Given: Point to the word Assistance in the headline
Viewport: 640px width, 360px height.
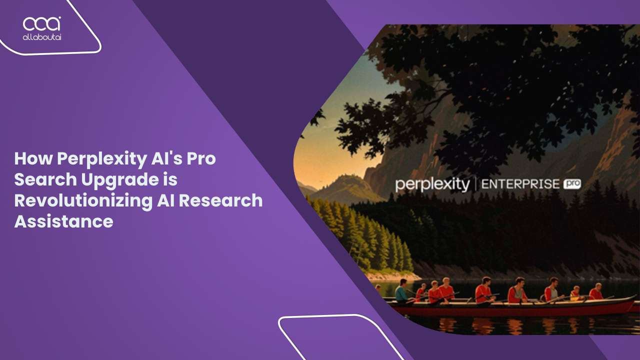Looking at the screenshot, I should pyautogui.click(x=63, y=220).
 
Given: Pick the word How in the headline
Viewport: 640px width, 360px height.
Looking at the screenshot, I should pyautogui.click(x=32, y=159).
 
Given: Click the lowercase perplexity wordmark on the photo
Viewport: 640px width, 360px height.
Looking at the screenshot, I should pyautogui.click(x=432, y=184).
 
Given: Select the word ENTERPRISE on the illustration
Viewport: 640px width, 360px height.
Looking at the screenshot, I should pyautogui.click(x=519, y=184).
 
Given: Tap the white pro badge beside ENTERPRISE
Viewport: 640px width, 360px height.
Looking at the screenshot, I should pyautogui.click(x=572, y=184).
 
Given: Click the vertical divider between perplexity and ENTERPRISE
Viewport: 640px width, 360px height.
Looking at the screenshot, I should pyautogui.click(x=475, y=184).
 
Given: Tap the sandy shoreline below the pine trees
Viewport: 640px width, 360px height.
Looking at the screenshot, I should pyautogui.click(x=395, y=275).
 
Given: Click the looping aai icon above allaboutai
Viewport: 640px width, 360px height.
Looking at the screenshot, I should pyautogui.click(x=42, y=23).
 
